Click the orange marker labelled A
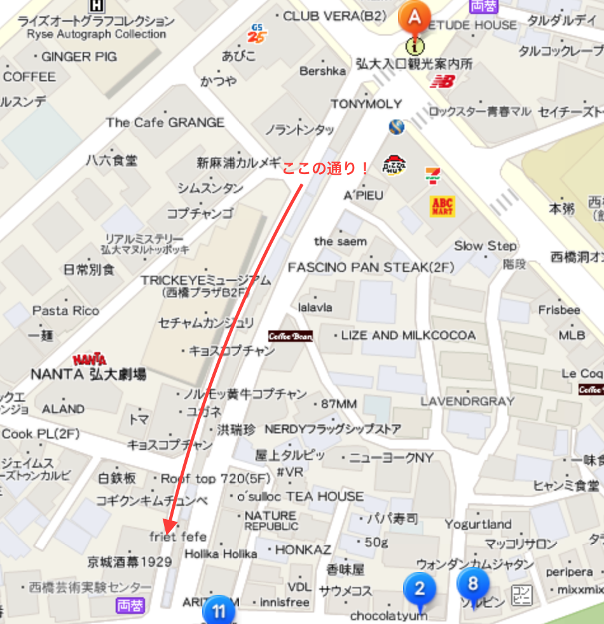[x=413, y=16]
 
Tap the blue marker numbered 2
[x=419, y=588]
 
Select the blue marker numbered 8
[x=472, y=583]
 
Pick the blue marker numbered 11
[x=219, y=612]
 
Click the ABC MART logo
[x=442, y=206]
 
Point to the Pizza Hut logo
[x=395, y=165]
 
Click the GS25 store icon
[x=257, y=34]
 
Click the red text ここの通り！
[x=325, y=169]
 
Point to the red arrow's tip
[x=167, y=532]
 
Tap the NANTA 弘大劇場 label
[x=88, y=374]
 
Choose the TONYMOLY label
[x=366, y=104]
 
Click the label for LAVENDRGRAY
[x=467, y=402]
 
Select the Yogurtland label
[x=478, y=524]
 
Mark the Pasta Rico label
[x=66, y=311]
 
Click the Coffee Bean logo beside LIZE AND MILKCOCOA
[x=290, y=336]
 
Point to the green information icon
[x=415, y=46]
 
